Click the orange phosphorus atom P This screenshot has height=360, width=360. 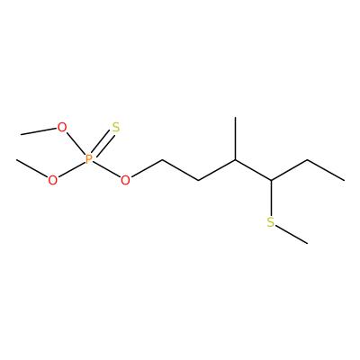click(88, 159)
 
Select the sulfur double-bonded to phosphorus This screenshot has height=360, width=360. click(116, 128)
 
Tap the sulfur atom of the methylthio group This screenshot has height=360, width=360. click(271, 222)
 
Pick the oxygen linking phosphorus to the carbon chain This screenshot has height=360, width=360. click(125, 180)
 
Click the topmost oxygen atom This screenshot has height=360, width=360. click(62, 128)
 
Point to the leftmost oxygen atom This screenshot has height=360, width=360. click(52, 180)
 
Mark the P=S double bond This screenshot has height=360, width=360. click(103, 143)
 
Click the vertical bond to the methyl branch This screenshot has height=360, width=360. click(235, 139)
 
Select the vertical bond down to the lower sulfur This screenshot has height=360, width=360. click(271, 198)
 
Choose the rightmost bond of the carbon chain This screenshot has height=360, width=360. click(326, 170)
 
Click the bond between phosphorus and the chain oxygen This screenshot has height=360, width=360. click(106, 169)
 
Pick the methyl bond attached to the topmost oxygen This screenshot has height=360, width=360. click(39, 131)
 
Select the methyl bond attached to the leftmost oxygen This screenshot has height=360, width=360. click(32, 168)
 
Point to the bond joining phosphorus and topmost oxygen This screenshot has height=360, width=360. click(76, 144)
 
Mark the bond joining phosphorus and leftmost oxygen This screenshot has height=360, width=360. click(71, 169)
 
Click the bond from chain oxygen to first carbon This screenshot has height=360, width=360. click(147, 167)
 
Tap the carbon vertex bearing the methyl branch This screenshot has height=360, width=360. click(235, 159)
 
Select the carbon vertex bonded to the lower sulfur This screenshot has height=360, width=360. click(271, 180)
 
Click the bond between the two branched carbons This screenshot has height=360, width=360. click(253, 170)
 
